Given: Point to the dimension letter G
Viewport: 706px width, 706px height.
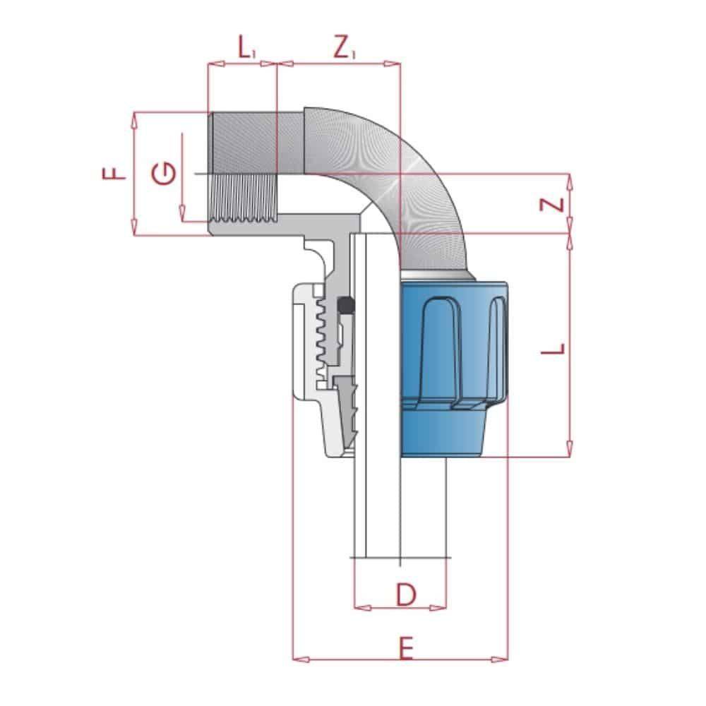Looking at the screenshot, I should click(x=164, y=173).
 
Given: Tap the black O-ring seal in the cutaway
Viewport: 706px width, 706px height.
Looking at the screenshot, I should click(x=346, y=305).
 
